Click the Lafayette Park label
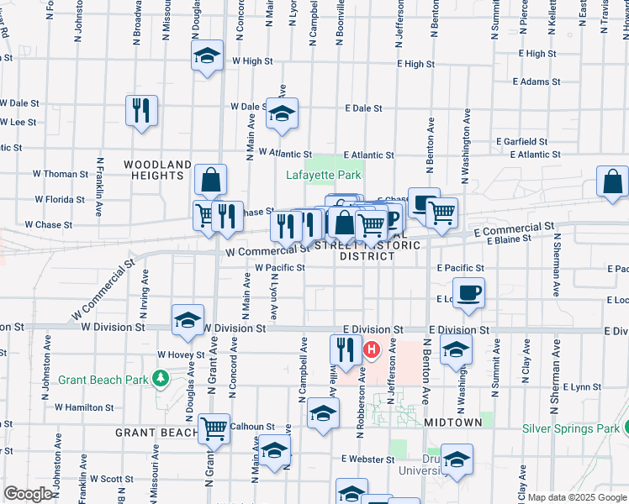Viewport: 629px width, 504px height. [323, 176]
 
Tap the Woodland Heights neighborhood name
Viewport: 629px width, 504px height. [158, 170]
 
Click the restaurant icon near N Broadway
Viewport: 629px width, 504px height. [141, 110]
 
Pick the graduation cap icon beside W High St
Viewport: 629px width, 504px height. [207, 56]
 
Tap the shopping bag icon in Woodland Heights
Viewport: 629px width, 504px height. [210, 179]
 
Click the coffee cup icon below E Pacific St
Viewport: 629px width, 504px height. [470, 291]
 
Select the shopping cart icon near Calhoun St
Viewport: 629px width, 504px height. [214, 428]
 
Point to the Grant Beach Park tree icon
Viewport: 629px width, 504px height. [161, 380]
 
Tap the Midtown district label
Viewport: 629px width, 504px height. [453, 422]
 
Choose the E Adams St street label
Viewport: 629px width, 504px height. [536, 82]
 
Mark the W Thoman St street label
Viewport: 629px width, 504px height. [61, 174]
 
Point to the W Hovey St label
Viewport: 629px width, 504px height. [180, 355]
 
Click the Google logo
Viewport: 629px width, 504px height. [28, 494]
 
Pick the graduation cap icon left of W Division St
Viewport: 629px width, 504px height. [188, 319]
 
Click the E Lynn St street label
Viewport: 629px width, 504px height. [579, 387]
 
